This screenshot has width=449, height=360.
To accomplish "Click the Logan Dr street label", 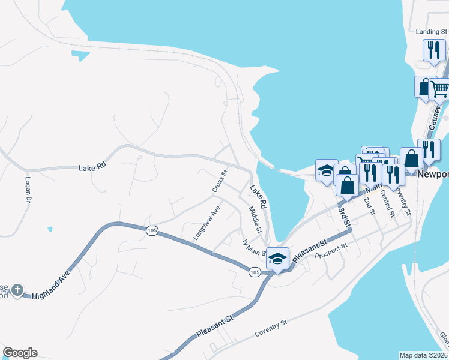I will click(x=28, y=190).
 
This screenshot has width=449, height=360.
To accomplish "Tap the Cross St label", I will click(x=220, y=181).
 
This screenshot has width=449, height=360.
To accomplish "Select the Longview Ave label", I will click(x=207, y=223).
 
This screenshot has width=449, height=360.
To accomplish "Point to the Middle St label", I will click(x=255, y=220).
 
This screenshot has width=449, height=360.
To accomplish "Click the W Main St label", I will click(x=254, y=248).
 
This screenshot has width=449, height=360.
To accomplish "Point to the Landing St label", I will click(x=432, y=31).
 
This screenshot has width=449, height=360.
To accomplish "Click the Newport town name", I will click(x=433, y=175).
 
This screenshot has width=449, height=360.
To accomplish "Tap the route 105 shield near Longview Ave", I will click(x=151, y=230).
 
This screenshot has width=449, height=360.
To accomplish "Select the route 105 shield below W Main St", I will click(x=255, y=272).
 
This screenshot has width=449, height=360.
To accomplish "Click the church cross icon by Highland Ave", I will click(x=18, y=291).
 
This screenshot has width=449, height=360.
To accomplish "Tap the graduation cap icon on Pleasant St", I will click(x=277, y=258).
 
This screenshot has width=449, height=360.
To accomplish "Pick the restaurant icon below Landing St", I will click(x=433, y=50).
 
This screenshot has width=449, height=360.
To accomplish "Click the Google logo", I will click(x=20, y=353).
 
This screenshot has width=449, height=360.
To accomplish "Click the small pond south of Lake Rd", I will click(x=49, y=229).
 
